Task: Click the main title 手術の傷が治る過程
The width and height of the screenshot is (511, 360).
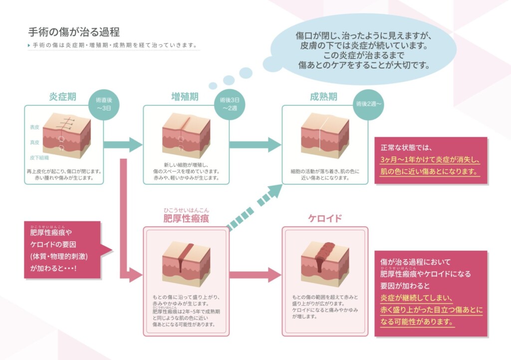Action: pyautogui.click(x=74, y=32)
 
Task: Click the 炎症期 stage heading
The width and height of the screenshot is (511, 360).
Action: pyautogui.click(x=62, y=97)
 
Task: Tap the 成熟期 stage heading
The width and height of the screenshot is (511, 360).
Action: pyautogui.click(x=323, y=97)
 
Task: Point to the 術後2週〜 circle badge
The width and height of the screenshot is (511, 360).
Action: pyautogui.click(x=369, y=105)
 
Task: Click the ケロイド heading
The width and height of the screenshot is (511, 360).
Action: pyautogui.click(x=325, y=218)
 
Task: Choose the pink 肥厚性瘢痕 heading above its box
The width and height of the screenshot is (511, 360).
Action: pyautogui.click(x=186, y=219)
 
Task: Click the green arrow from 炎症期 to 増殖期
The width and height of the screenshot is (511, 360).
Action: pyautogui.click(x=123, y=145)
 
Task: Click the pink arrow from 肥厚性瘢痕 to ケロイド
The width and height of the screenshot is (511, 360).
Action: pyautogui.click(x=255, y=275)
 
